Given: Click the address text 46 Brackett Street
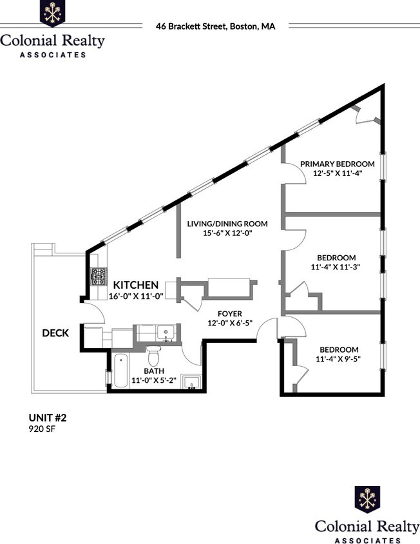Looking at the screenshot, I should tap(215, 26).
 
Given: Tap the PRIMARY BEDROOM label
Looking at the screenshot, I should tap(337, 164).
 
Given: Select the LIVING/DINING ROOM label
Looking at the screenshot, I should tap(227, 224).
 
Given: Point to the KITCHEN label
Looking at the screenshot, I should tap(136, 284).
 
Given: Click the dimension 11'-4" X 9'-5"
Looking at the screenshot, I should tap(337, 359).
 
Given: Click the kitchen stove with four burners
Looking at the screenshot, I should tap(99, 277).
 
